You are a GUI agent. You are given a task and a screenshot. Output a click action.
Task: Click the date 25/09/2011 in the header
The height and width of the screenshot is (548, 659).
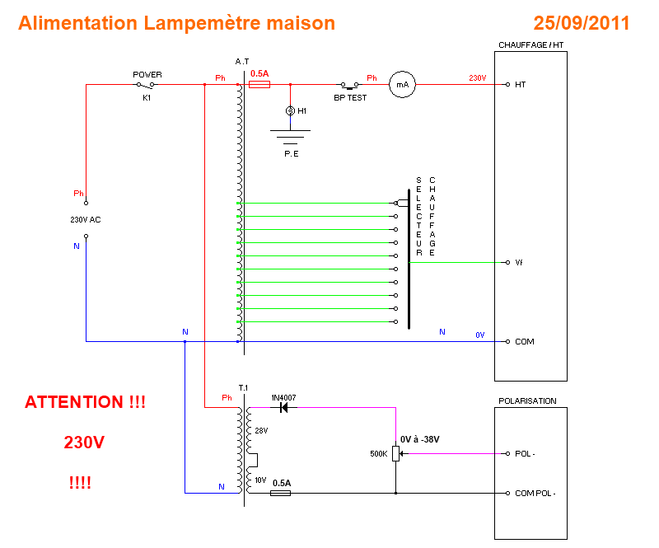[581, 23]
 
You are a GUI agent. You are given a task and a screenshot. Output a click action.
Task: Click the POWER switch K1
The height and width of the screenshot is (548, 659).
[146, 84]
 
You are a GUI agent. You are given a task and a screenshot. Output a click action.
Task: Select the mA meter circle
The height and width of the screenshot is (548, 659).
[402, 84]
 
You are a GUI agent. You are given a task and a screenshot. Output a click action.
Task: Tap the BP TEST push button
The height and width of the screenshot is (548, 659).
[351, 85]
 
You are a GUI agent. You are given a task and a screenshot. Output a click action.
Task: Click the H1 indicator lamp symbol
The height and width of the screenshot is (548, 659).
[290, 110]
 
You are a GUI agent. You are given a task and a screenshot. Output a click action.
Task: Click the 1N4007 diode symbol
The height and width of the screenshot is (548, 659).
[283, 407]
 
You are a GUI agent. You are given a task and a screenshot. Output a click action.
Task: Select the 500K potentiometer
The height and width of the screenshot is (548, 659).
[396, 453]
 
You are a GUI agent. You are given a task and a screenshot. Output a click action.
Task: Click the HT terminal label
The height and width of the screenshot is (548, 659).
[521, 84]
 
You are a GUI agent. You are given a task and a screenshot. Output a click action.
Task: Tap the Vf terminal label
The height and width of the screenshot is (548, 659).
[519, 262]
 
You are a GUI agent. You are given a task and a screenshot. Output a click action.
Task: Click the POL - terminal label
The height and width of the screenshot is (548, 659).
[527, 453]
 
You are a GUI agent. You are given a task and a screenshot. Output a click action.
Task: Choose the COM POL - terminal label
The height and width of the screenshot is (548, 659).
[535, 493]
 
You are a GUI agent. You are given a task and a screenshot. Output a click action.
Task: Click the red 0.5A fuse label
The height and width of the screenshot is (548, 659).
[259, 73]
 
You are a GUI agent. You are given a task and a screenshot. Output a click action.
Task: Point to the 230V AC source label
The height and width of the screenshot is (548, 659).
[86, 220]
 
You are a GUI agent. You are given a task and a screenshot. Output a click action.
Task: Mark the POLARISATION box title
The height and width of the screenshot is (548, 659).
[527, 401]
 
